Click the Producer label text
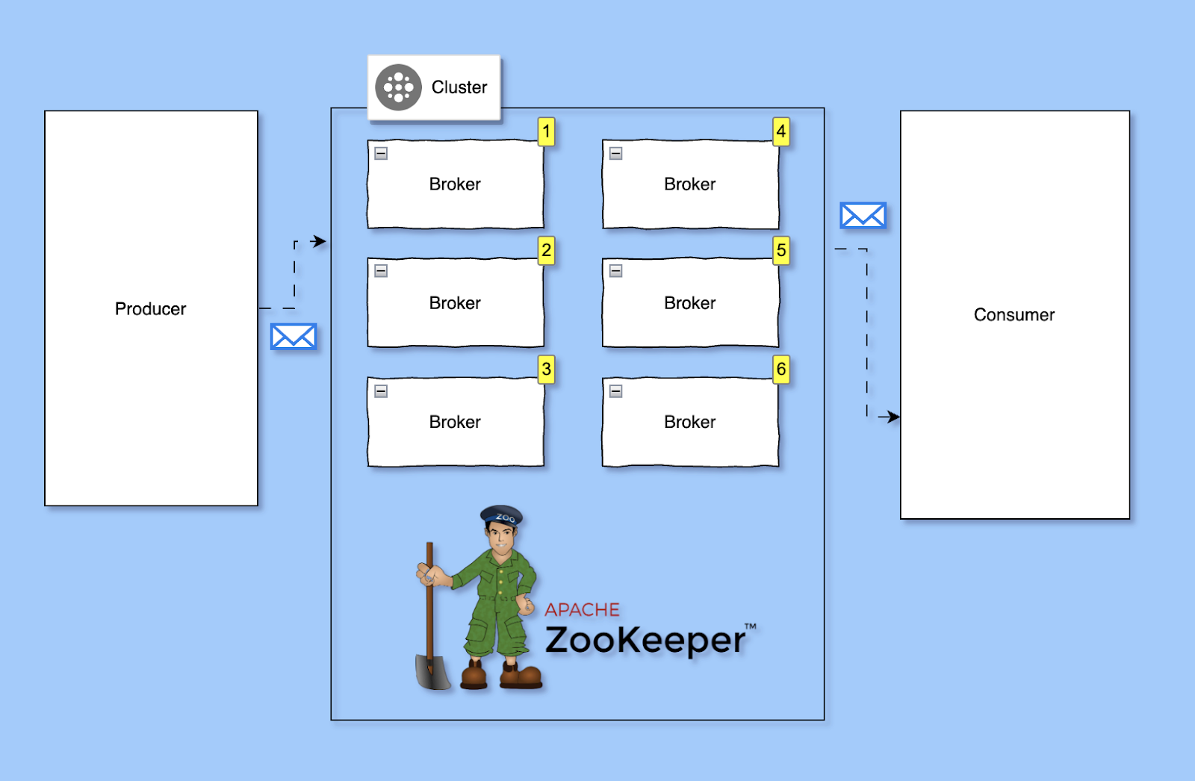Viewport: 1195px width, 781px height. pos(150,309)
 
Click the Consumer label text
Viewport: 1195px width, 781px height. pos(1014,315)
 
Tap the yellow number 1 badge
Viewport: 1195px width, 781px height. pos(547,132)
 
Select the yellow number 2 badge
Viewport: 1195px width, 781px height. pos(547,250)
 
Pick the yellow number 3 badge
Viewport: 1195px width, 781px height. pos(547,369)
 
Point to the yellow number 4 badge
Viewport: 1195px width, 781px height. pos(781,132)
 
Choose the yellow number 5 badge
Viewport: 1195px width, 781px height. pos(781,250)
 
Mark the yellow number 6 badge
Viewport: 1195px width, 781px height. pos(781,369)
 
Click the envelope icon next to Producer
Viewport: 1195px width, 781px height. pos(294,337)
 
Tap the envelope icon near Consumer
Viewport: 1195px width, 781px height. pos(863,216)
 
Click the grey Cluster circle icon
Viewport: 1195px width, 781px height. pos(398,87)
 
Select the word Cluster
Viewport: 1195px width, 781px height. pos(459,87)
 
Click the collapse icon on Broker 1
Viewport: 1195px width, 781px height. pos(381,154)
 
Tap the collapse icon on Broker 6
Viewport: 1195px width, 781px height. pos(616,391)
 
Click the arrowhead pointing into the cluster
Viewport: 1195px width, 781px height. pos(320,241)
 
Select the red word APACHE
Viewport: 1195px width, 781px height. pos(582,610)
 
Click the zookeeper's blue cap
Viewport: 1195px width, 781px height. pos(502,515)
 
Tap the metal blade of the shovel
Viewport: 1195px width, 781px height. pos(432,671)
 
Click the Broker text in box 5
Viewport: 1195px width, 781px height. pos(689,303)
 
